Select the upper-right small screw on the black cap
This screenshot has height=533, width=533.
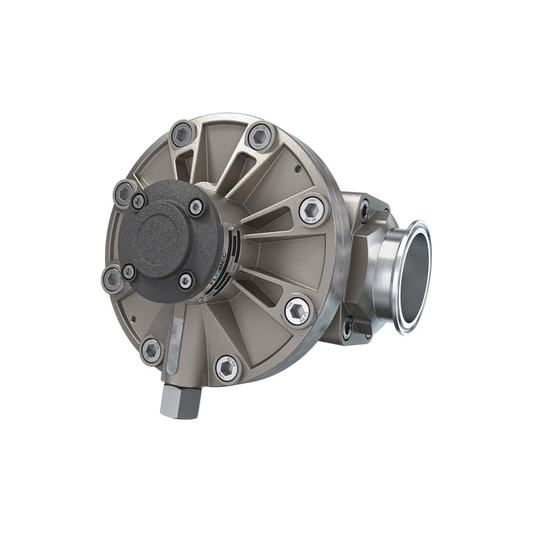coord(196,207)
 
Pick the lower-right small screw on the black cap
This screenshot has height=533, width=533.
coord(186,281)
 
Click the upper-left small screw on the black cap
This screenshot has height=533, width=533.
coord(139,201)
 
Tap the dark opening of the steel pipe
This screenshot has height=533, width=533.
coord(415,275)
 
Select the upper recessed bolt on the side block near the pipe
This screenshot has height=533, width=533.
coord(365,205)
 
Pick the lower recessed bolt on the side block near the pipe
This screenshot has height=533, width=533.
coord(348,329)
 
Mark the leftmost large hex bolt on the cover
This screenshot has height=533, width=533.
coord(112,278)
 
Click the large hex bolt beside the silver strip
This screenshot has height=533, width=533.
coord(152,350)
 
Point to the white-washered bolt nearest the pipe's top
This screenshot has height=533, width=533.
coord(311,209)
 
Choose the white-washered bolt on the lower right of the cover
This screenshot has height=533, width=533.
coord(297,311)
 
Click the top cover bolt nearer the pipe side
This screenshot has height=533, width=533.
coord(260,136)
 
